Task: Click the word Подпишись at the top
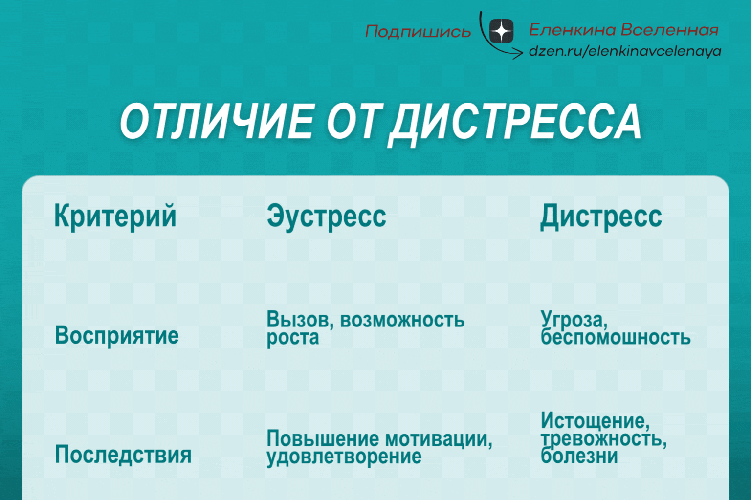(x=418, y=32)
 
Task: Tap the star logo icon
(x=501, y=32)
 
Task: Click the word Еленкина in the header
(x=573, y=30)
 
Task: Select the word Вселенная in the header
(x=669, y=30)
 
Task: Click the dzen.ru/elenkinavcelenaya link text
(x=625, y=51)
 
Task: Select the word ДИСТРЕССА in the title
(x=516, y=123)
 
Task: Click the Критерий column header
(x=115, y=216)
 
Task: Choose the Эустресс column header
(x=326, y=216)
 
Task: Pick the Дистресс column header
(x=601, y=216)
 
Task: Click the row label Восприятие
(x=117, y=336)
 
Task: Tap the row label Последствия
(x=123, y=455)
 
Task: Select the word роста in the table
(x=292, y=338)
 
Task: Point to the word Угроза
(x=574, y=320)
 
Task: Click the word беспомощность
(x=616, y=338)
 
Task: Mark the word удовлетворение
(x=344, y=457)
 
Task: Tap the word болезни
(x=579, y=457)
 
